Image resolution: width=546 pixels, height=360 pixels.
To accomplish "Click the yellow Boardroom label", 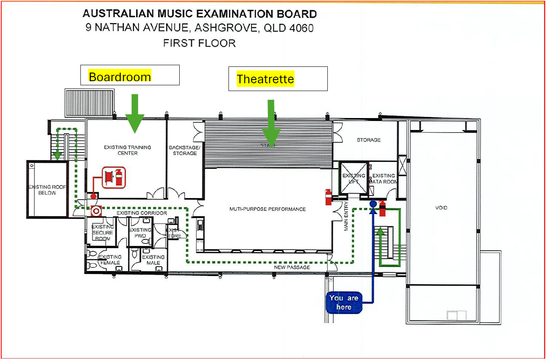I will click(x=120, y=77).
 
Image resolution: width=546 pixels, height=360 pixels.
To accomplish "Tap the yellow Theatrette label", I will click(x=265, y=79).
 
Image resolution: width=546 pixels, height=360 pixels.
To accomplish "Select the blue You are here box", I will click(x=343, y=303).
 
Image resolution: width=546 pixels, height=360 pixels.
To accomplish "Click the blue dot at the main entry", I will click(x=373, y=203).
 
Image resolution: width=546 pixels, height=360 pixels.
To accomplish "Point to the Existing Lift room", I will click(x=354, y=178).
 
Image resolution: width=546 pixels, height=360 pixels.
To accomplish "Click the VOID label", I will click(x=441, y=208).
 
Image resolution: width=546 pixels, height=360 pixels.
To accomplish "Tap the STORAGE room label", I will click(x=368, y=140).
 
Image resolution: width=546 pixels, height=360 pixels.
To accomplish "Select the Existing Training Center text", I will click(x=127, y=150).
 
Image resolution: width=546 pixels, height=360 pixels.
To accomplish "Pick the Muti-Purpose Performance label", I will click(x=267, y=209).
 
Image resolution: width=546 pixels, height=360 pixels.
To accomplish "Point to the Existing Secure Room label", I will click(x=103, y=232).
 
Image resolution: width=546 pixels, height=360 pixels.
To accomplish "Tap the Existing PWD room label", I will click(x=140, y=232).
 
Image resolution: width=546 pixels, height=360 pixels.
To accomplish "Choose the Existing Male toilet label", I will click(x=153, y=260).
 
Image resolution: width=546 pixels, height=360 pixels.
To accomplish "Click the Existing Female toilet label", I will click(x=110, y=260).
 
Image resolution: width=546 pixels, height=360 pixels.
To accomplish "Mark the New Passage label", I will click(x=292, y=267).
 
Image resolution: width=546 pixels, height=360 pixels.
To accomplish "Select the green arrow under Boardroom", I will click(x=135, y=113).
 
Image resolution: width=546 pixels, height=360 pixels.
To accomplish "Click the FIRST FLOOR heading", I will click(x=199, y=43).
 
